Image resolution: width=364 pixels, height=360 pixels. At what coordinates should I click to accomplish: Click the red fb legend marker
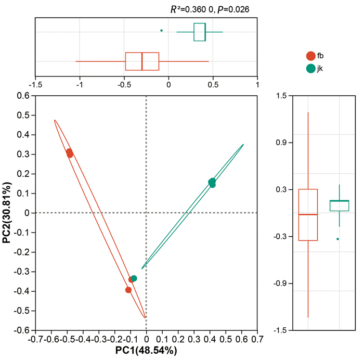pyautogui.click(x=311, y=56)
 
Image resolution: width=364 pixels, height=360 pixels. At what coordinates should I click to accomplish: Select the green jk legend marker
pyautogui.click(x=311, y=69)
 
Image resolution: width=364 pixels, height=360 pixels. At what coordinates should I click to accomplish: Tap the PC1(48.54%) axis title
pyautogui.click(x=146, y=351)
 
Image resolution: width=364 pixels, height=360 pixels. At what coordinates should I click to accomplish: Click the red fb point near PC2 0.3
pyautogui.click(x=70, y=153)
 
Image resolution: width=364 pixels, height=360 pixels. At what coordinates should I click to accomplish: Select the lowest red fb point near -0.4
pyautogui.click(x=128, y=290)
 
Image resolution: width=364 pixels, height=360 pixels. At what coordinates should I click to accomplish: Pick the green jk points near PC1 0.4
pyautogui.click(x=212, y=182)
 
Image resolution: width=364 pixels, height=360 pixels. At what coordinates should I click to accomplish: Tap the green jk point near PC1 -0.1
pyautogui.click(x=134, y=278)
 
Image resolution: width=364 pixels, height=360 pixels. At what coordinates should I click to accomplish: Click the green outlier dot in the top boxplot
pyautogui.click(x=162, y=31)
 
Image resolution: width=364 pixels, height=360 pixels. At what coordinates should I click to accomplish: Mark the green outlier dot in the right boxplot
pyautogui.click(x=338, y=239)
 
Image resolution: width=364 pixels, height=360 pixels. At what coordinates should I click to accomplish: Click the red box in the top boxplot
pyautogui.click(x=142, y=61)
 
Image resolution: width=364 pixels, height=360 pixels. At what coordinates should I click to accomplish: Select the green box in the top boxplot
pyautogui.click(x=200, y=32)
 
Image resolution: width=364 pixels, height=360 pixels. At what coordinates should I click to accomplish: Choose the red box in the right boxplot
pyautogui.click(x=308, y=214)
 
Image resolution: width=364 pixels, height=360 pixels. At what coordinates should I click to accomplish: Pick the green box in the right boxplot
pyautogui.click(x=339, y=205)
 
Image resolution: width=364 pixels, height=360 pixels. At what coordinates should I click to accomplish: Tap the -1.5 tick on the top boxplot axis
pyautogui.click(x=35, y=83)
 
